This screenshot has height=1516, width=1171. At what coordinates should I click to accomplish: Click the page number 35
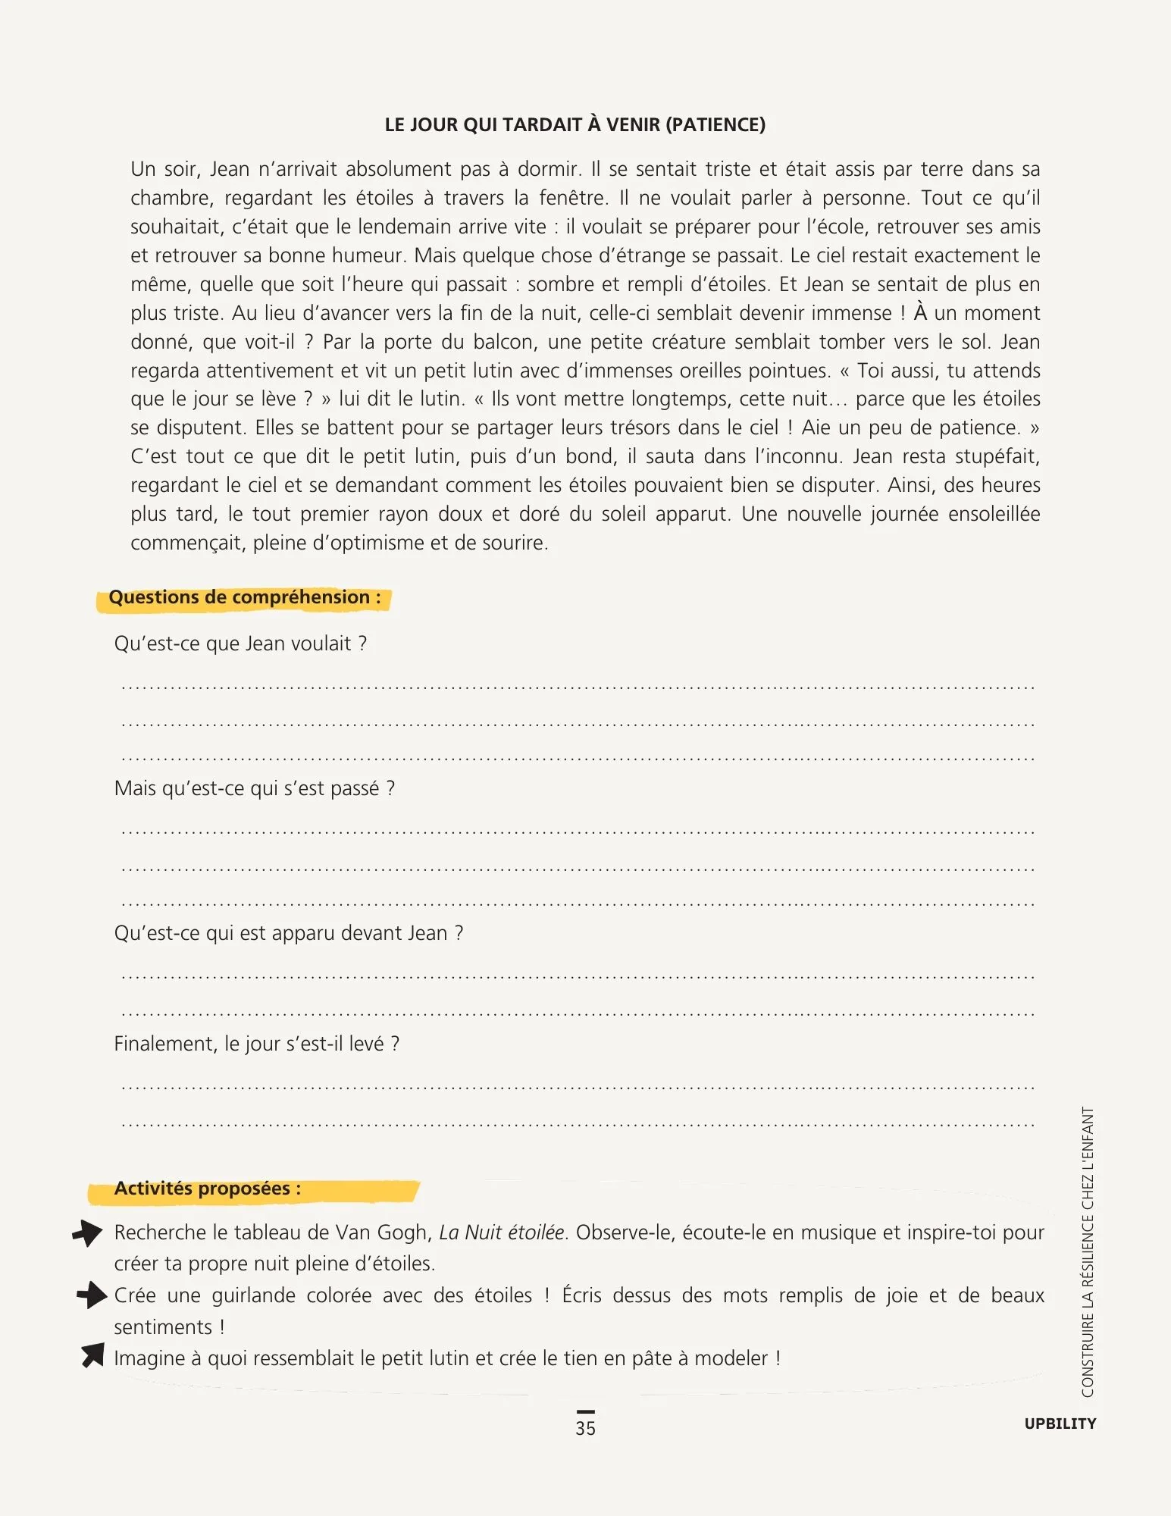585,1428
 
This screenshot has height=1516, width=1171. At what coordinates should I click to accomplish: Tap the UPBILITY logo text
1060,1424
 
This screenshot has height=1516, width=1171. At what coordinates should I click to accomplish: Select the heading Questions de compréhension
244,597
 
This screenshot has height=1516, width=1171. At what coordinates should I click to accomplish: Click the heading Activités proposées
207,1189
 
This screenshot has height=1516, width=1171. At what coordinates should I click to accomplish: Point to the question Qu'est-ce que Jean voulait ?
240,644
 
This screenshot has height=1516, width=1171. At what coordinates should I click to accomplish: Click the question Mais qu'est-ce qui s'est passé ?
254,788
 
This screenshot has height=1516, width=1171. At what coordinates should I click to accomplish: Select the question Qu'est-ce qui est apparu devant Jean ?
288,933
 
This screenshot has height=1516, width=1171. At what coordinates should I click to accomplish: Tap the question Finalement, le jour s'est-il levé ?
256,1044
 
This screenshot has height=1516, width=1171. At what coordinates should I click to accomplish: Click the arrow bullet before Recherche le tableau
88,1233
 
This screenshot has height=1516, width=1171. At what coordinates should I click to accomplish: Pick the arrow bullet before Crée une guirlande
91,1295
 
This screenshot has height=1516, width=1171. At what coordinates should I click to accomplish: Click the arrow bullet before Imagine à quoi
92,1355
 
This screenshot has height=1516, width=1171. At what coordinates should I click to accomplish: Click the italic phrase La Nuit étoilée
502,1233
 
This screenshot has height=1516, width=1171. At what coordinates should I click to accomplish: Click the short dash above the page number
585,1411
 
